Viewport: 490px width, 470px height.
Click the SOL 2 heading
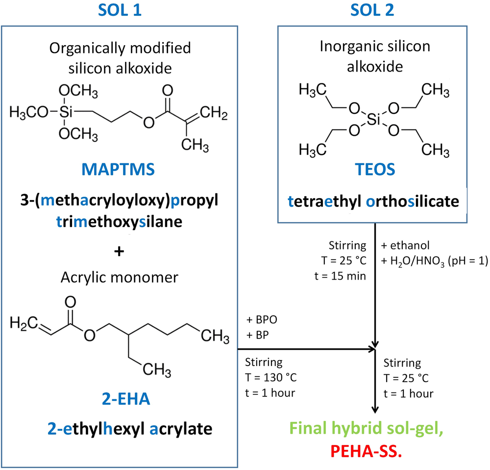(375, 10)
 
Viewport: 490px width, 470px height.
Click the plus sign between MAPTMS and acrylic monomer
(119, 252)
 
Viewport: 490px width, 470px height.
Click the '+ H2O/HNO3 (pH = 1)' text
(433, 261)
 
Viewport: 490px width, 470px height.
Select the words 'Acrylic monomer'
(119, 277)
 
